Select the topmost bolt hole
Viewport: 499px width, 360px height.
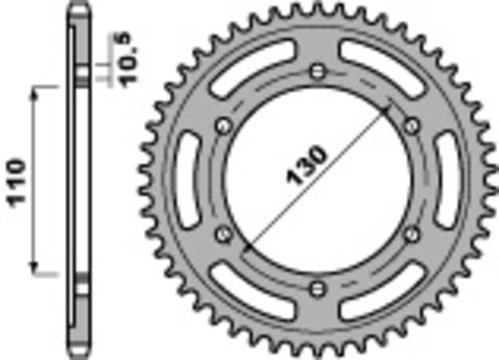319,70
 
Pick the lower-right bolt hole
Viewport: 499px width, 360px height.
411,233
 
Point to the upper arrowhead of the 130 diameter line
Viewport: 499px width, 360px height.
387,109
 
